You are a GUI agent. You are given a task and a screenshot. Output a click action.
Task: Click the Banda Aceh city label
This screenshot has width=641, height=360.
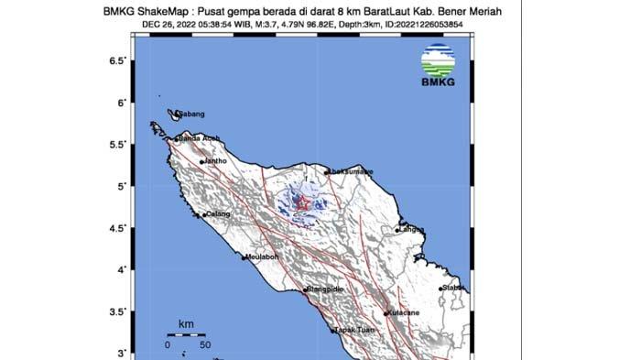coord(200,138)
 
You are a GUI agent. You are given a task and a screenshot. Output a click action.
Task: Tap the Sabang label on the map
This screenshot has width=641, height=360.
coord(190,114)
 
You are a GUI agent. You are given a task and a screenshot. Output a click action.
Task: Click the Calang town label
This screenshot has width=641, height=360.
coord(217,214)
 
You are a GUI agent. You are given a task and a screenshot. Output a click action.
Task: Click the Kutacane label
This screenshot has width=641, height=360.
coord(405,312)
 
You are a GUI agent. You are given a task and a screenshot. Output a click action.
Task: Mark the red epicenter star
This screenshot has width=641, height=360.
coord(299,203)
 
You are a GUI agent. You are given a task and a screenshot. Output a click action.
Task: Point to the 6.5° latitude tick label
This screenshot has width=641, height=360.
coord(117,60)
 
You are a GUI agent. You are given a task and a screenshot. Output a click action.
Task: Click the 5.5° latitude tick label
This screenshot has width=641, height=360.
coord(117,145)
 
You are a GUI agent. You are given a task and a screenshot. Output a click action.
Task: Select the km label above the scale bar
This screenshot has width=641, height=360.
coord(187,324)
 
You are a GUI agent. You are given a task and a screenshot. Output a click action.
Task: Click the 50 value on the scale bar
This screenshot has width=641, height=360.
coord(205,345)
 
